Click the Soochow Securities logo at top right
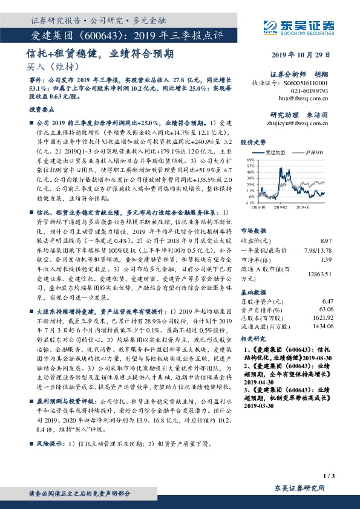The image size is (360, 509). (299, 26)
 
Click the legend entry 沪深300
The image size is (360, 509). (313, 155)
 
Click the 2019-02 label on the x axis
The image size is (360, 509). (281, 207)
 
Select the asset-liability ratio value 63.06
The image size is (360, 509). (326, 308)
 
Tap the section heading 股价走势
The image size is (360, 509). (253, 143)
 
